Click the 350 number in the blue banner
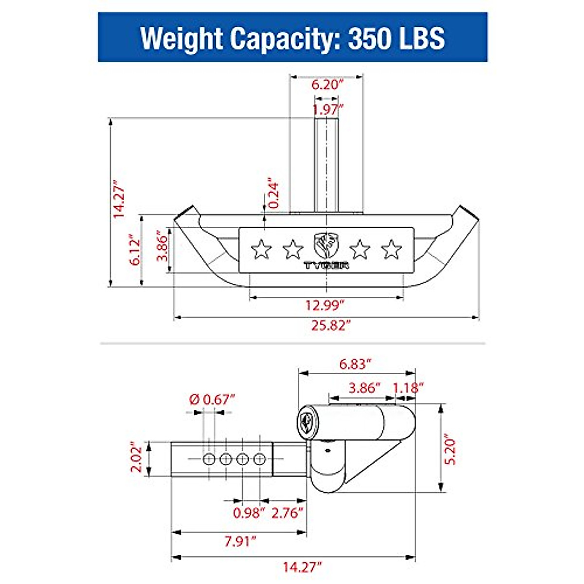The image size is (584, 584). coord(371,38)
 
